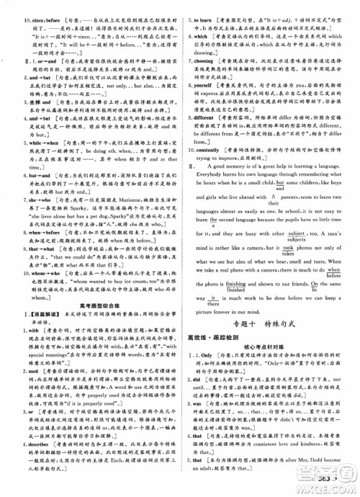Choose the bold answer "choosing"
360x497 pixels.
(211, 62)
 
